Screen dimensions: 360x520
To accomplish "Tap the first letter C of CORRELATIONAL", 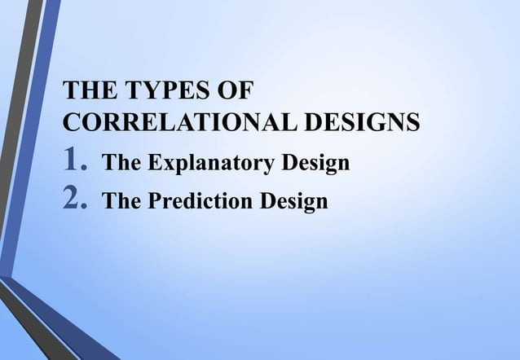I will click(73, 124).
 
